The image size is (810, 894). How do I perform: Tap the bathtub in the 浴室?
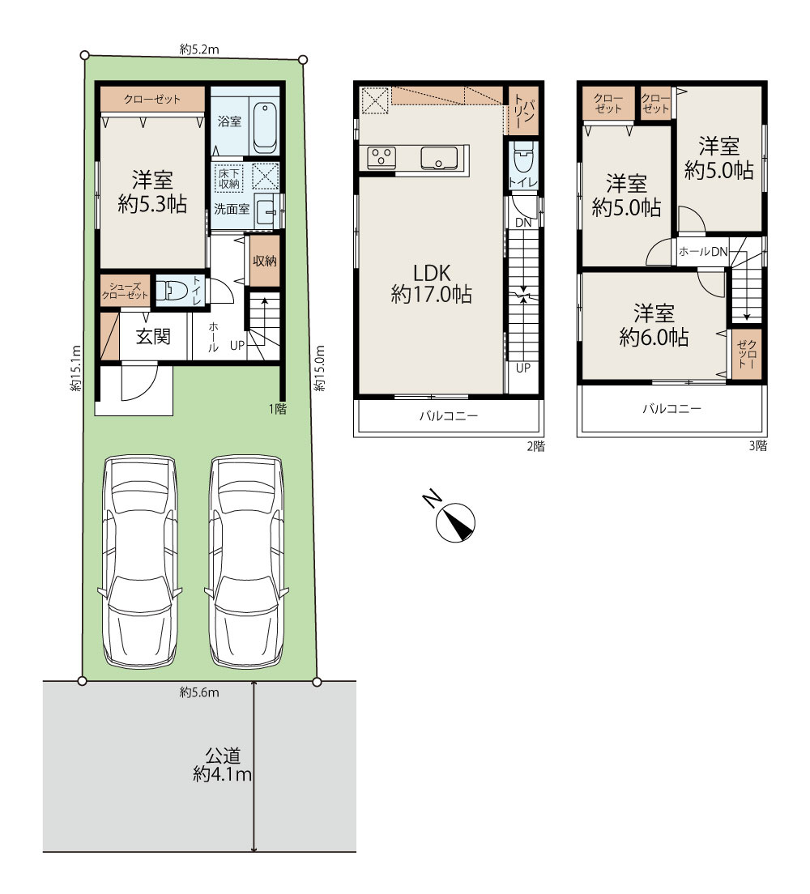click(x=265, y=128)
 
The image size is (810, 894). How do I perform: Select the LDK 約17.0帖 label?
click(x=431, y=283)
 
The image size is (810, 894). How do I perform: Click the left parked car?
click(x=139, y=562)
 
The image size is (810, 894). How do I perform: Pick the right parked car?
click(x=246, y=562)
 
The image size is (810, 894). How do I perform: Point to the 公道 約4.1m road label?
click(x=223, y=765)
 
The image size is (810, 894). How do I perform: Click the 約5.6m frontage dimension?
click(x=199, y=692)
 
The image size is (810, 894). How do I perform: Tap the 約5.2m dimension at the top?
click(x=199, y=49)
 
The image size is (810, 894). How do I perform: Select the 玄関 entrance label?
click(x=153, y=336)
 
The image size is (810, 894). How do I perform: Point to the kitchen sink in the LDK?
click(x=439, y=159)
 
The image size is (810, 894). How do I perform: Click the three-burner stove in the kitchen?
click(x=381, y=157)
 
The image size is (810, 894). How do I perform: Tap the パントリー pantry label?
click(x=523, y=111)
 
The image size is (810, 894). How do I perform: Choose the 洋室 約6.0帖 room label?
click(x=654, y=325)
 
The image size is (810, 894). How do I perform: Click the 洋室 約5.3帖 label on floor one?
click(x=152, y=192)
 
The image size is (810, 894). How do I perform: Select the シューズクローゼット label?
click(x=125, y=291)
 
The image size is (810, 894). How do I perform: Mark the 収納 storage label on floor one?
click(x=265, y=261)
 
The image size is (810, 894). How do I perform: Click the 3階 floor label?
click(x=758, y=446)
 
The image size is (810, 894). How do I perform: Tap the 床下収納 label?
click(x=229, y=178)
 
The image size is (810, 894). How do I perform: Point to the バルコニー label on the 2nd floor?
click(x=449, y=416)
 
